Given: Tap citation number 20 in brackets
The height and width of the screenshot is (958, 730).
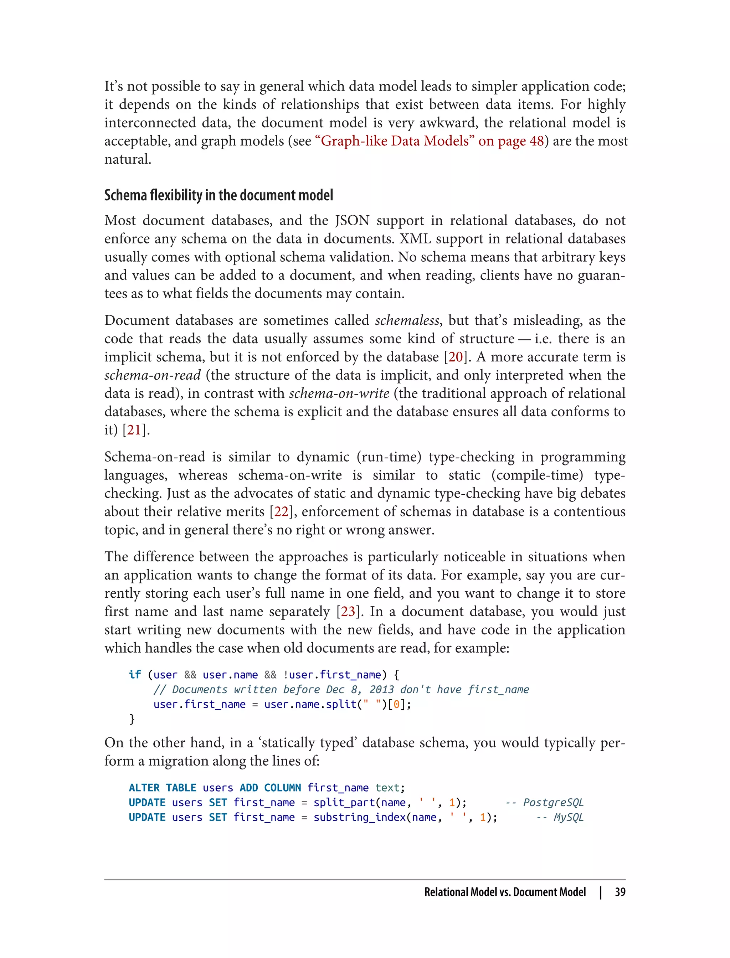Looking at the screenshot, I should [x=456, y=357].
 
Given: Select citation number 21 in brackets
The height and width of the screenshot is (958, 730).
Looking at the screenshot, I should [x=134, y=430].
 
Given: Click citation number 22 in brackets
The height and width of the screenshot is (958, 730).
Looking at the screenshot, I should [x=281, y=512].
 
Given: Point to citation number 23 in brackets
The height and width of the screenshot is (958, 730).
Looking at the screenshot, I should [x=348, y=612].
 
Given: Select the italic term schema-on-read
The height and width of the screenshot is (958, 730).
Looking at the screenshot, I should [x=153, y=375].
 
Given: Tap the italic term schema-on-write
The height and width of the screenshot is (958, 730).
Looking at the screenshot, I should [x=339, y=393].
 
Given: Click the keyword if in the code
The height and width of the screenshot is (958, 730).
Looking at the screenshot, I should [x=135, y=675].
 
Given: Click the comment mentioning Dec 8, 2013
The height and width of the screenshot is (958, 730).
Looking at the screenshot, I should [x=341, y=690].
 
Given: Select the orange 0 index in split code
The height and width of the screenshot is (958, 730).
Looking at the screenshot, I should [x=396, y=704].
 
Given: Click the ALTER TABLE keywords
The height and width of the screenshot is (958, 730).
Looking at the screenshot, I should [x=163, y=788].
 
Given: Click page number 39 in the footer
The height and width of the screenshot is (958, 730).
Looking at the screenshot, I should [x=620, y=892].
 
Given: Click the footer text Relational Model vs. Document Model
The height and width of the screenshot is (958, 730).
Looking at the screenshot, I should [x=505, y=892].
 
